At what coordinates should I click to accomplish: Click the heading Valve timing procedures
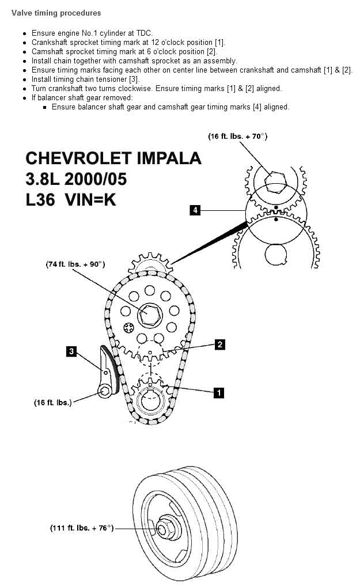(56, 13)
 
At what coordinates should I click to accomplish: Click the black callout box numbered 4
(196, 210)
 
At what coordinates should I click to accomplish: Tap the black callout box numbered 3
(71, 350)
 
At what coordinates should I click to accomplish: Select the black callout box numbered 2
(219, 344)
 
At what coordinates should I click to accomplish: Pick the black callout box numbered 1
(218, 393)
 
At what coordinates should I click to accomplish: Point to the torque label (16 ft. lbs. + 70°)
(237, 137)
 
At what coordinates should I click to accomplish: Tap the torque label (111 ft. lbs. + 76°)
(81, 528)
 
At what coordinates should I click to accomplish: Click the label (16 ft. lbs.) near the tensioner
(52, 403)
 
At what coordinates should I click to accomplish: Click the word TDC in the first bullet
(144, 34)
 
